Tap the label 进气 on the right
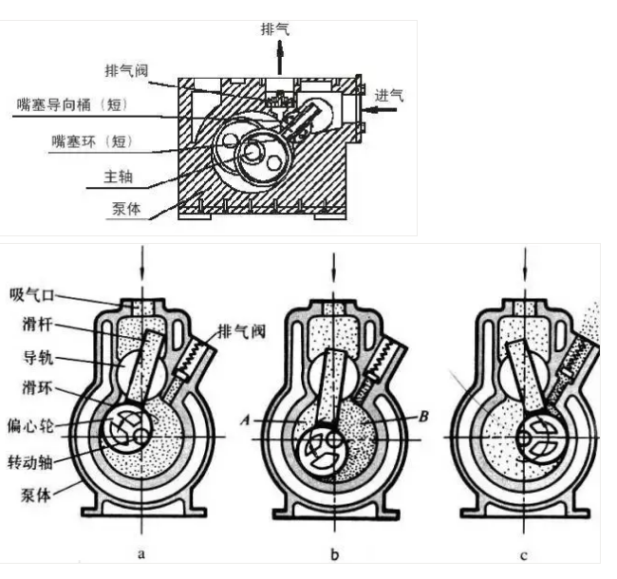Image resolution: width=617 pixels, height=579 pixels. point(390,94)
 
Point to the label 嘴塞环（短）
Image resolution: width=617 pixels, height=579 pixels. point(92,140)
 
